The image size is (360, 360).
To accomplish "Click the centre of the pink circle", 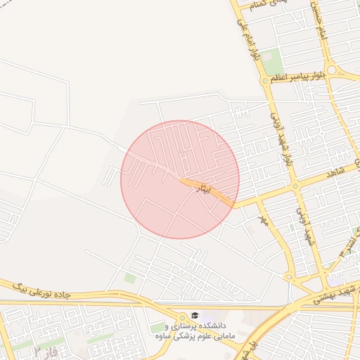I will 180,179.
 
